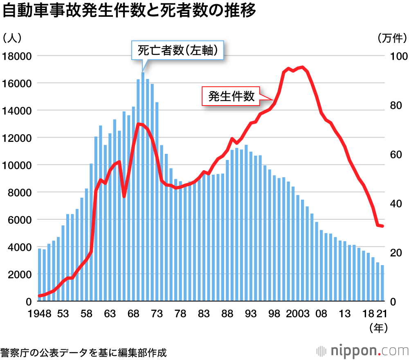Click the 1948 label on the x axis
(39, 314)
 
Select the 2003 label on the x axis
(298, 314)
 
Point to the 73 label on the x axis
(157, 314)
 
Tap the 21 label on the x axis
(382, 314)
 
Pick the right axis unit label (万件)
(390, 38)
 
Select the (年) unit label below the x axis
(378, 328)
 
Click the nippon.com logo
(362, 351)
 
